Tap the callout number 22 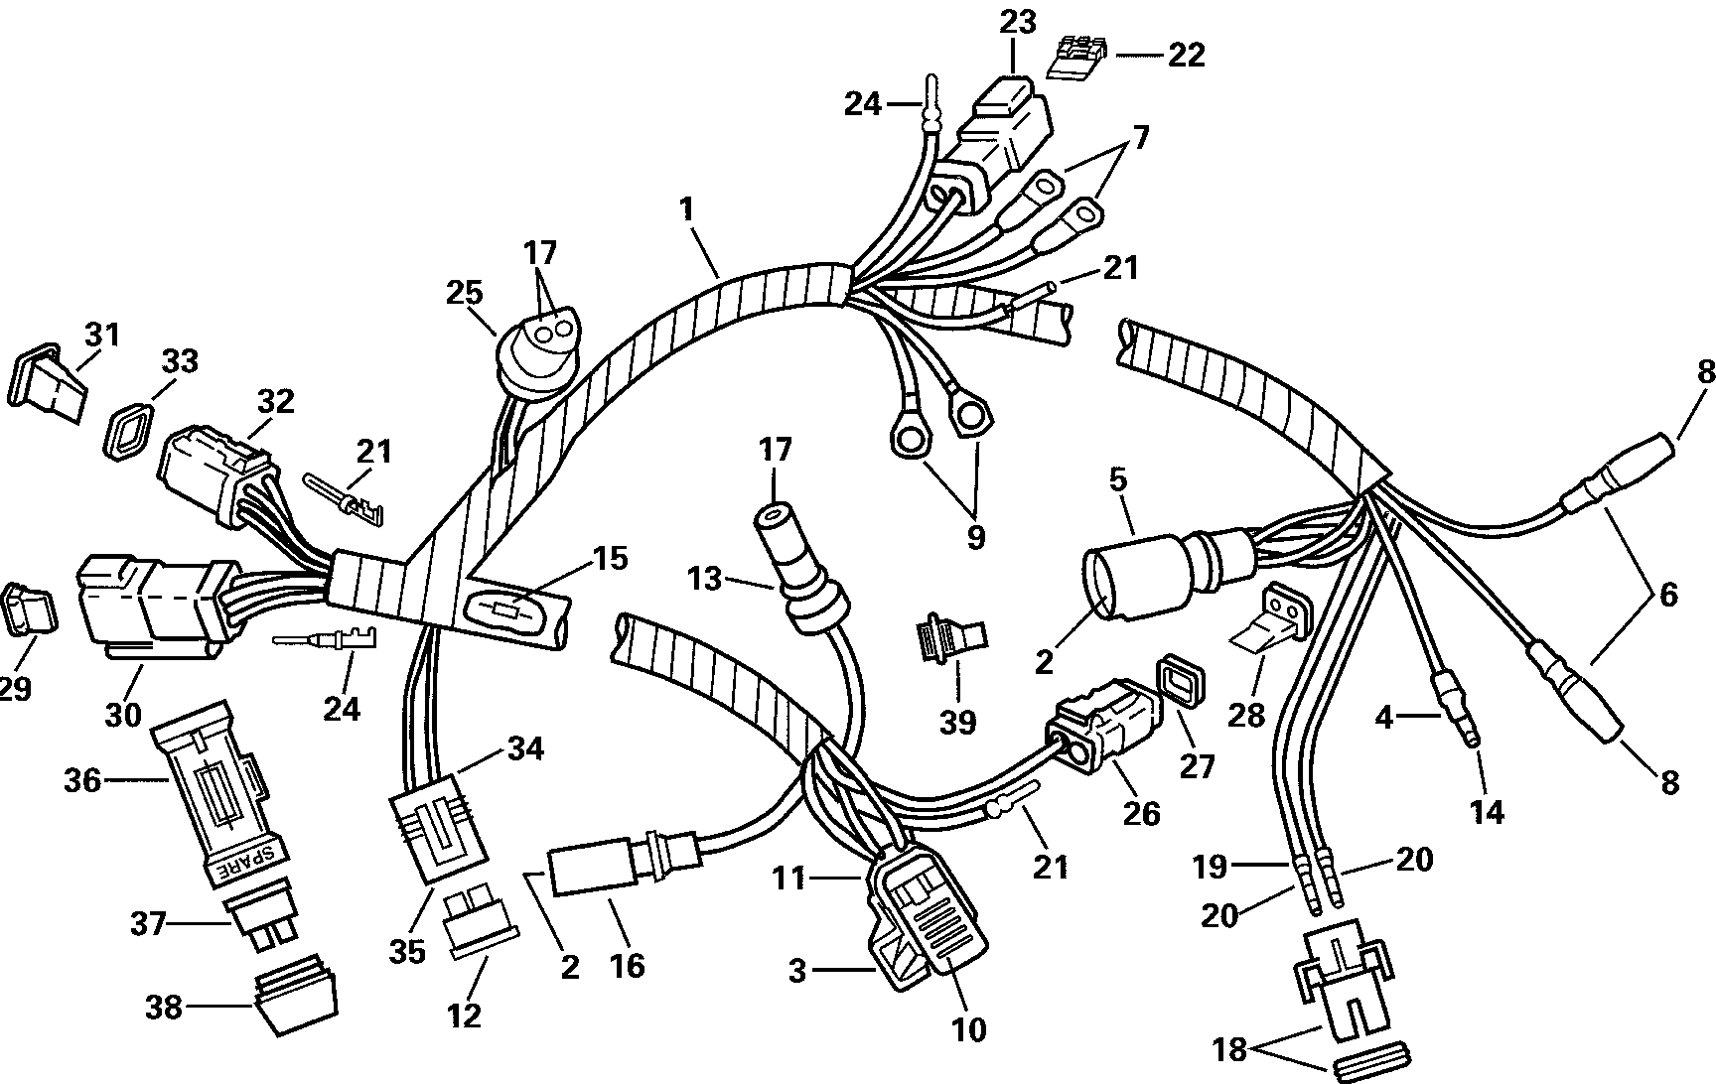point(1185,55)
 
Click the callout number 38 point(164,1009)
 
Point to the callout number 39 point(957,723)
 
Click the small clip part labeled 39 point(952,634)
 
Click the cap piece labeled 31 point(48,382)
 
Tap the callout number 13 point(705,578)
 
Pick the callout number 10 point(968,1029)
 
